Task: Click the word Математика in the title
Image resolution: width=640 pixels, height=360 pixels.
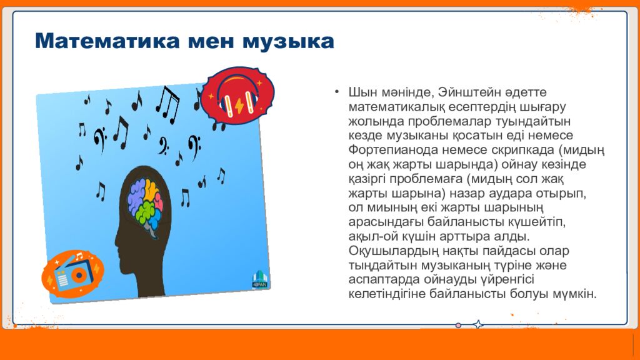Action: click(107, 41)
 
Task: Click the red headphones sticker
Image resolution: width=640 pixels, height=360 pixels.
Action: click(238, 96)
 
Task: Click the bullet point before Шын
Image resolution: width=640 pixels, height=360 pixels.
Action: click(336, 92)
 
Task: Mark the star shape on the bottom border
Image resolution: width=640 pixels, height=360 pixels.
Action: click(478, 324)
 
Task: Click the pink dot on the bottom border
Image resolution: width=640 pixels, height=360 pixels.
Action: click(458, 325)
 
